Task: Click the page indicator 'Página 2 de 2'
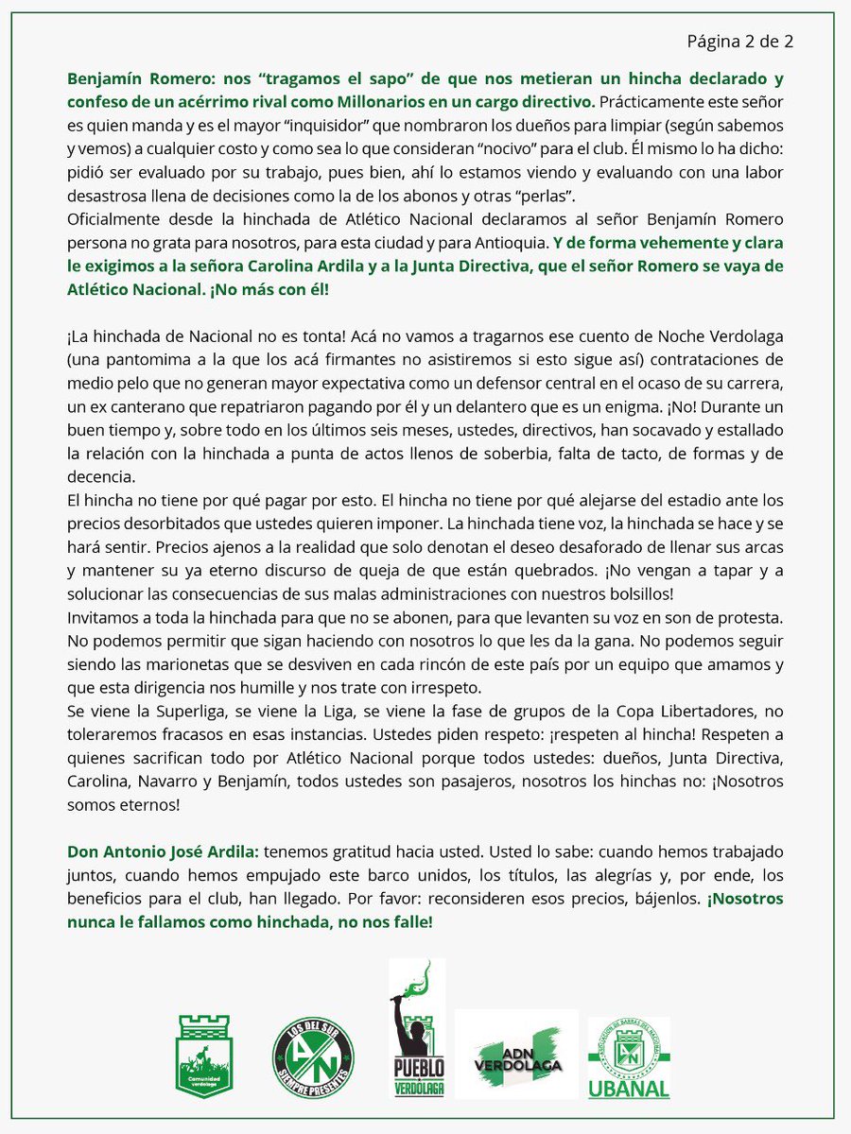point(739,41)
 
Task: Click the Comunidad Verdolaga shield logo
point(205,1055)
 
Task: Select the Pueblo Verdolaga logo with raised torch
point(417,1030)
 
